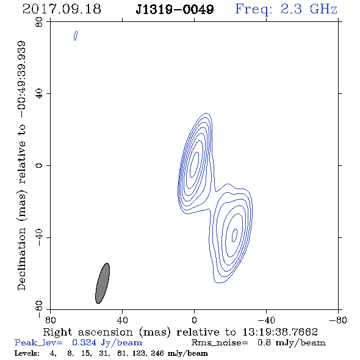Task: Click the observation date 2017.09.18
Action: tap(62, 9)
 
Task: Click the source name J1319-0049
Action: tap(175, 10)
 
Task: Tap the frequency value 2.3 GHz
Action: tap(309, 9)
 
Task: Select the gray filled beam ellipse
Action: tap(103, 283)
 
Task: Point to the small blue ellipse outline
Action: tap(76, 35)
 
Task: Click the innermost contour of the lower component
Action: tap(234, 236)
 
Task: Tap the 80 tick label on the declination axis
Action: tap(39, 22)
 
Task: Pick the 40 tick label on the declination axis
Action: tap(39, 94)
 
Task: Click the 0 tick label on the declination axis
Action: tap(39, 165)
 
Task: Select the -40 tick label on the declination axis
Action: tap(39, 237)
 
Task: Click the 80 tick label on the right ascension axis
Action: tap(50, 320)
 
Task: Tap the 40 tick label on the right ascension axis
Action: tap(122, 320)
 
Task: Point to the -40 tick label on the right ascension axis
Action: tap(266, 320)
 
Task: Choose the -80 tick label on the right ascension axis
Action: tap(338, 320)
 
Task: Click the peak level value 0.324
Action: tap(84, 342)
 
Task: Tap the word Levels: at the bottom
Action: tap(27, 353)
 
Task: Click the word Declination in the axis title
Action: tap(21, 259)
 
